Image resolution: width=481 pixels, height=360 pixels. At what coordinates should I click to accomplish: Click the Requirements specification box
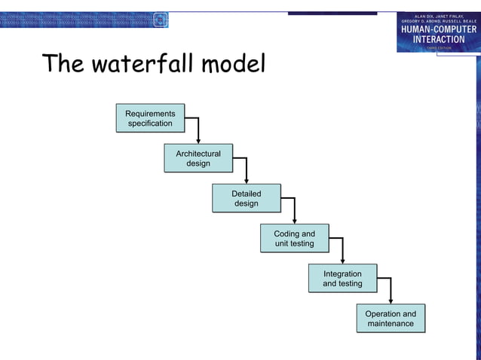pyautogui.click(x=150, y=118)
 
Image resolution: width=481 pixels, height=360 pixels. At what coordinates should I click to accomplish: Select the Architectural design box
pyautogui.click(x=198, y=158)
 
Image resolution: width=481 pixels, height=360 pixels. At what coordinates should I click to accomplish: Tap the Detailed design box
pyautogui.click(x=247, y=199)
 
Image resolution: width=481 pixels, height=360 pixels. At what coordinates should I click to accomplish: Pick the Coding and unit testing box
pyautogui.click(x=295, y=239)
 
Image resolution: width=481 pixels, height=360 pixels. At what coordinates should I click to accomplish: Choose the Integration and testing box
pyautogui.click(x=342, y=279)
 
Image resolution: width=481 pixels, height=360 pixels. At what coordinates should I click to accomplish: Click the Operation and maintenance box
pyautogui.click(x=391, y=319)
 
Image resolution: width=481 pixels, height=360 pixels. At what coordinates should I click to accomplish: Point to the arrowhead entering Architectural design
pyautogui.click(x=198, y=140)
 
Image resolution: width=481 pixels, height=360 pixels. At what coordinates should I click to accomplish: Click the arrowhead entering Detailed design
pyautogui.click(x=247, y=181)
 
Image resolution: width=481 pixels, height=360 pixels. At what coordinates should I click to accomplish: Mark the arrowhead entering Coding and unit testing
pyautogui.click(x=295, y=221)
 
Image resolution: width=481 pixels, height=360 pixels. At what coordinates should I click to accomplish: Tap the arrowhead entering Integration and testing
pyautogui.click(x=342, y=261)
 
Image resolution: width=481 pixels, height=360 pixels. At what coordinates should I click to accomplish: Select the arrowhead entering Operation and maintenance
pyautogui.click(x=391, y=301)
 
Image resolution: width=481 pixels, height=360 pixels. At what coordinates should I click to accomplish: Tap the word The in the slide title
pyautogui.click(x=62, y=64)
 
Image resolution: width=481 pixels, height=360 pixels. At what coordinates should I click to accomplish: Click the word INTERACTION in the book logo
pyautogui.click(x=438, y=39)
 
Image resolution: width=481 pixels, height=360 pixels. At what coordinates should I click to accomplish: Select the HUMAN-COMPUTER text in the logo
pyautogui.click(x=438, y=29)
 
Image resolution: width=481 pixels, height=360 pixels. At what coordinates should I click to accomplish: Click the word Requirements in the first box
pyautogui.click(x=150, y=114)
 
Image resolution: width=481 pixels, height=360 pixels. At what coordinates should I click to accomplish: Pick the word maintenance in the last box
pyautogui.click(x=391, y=324)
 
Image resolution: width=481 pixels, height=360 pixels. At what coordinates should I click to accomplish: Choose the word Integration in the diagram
pyautogui.click(x=342, y=273)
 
